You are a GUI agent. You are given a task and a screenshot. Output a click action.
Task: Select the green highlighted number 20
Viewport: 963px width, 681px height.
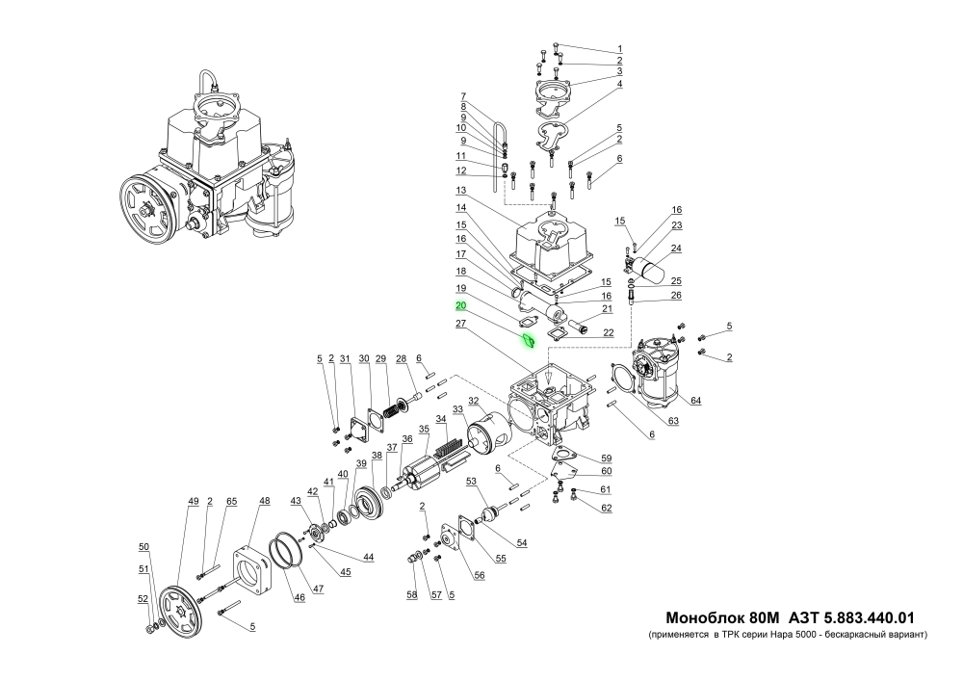[x=461, y=305]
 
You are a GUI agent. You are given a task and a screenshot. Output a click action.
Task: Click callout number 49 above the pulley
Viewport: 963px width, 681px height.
[x=194, y=502]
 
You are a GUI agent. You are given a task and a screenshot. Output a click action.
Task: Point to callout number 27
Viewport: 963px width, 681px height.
[x=461, y=325]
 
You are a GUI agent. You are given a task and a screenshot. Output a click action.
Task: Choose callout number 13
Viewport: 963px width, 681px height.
[x=461, y=190]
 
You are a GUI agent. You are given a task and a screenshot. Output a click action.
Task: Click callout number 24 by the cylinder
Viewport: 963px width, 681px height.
[x=676, y=248]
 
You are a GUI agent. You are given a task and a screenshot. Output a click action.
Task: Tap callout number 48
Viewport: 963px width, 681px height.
[x=265, y=502]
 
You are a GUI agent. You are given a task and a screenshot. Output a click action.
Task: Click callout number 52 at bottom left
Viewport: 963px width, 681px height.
[x=143, y=598]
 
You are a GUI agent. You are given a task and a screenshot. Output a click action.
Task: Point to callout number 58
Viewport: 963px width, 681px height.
[x=411, y=596]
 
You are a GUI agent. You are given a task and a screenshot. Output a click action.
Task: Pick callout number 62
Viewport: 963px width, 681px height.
[x=607, y=507]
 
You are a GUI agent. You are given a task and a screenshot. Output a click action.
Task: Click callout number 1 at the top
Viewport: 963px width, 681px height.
[x=620, y=48]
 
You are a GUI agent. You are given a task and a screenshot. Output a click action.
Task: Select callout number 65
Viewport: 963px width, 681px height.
[x=231, y=502]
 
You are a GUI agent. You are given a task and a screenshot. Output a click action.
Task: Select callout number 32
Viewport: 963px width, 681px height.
[x=473, y=401]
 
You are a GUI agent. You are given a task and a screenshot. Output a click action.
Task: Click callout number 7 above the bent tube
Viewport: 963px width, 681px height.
[x=462, y=95]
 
